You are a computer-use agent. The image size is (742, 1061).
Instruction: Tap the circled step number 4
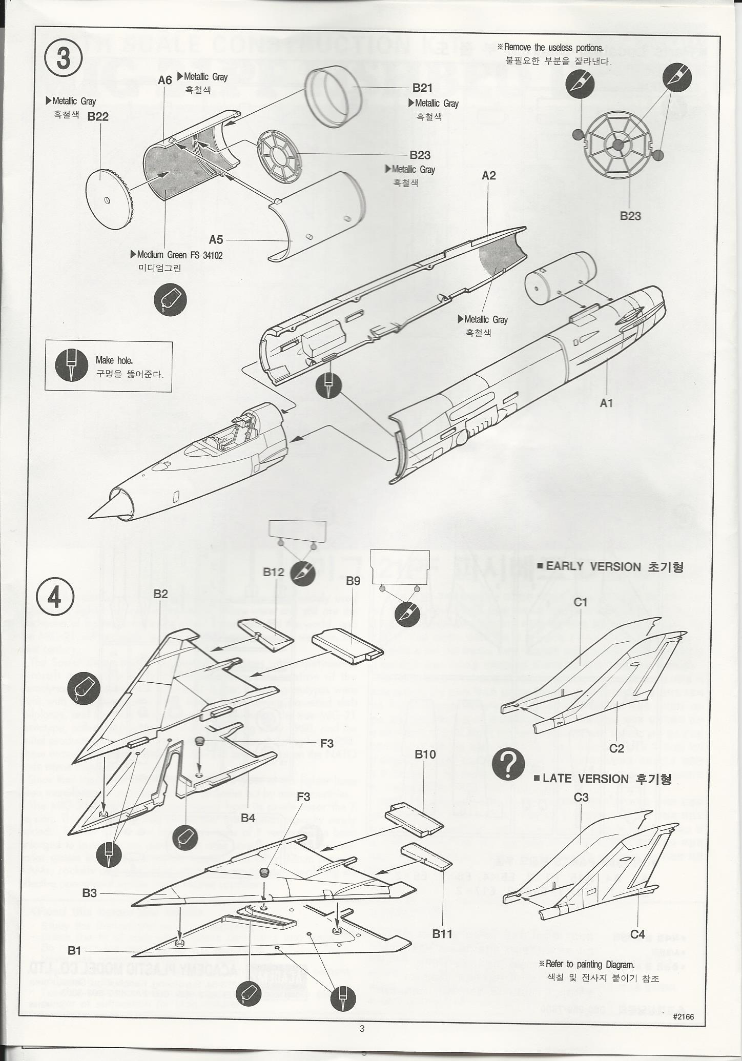pyautogui.click(x=55, y=598)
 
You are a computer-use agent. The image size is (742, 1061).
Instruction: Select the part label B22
pyautogui.click(x=97, y=116)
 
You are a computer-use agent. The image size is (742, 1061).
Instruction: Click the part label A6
pyautogui.click(x=164, y=80)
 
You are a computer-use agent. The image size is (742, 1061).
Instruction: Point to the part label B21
pyautogui.click(x=423, y=88)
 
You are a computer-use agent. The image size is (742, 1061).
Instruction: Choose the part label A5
pyautogui.click(x=216, y=239)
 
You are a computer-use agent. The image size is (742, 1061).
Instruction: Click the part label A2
pyautogui.click(x=488, y=175)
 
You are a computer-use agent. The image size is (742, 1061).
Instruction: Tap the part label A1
pyautogui.click(x=606, y=403)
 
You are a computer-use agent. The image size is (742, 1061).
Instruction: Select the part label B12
pyautogui.click(x=273, y=572)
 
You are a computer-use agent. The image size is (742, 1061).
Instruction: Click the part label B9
pyautogui.click(x=353, y=581)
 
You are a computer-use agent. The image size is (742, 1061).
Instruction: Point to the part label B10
pyautogui.click(x=425, y=754)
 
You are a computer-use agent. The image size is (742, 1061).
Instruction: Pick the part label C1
pyautogui.click(x=580, y=602)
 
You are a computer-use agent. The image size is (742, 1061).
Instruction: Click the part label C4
pyautogui.click(x=637, y=934)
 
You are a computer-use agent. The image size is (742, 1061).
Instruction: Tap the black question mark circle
pyautogui.click(x=508, y=764)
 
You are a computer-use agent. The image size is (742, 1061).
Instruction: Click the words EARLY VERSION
pyautogui.click(x=593, y=566)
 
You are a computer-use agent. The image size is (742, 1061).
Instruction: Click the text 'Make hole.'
pyautogui.click(x=114, y=360)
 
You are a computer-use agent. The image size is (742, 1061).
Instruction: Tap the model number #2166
pyautogui.click(x=684, y=1016)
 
